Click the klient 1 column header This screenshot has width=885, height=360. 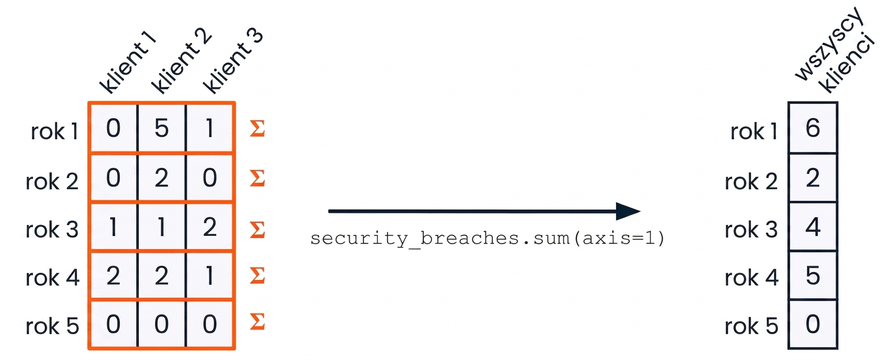click(127, 63)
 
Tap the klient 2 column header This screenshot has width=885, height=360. click(181, 61)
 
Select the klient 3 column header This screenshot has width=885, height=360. click(233, 61)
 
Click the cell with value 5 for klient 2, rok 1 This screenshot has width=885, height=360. click(161, 128)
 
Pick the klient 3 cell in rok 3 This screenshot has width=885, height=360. click(210, 227)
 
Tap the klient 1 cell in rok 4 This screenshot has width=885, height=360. click(114, 275)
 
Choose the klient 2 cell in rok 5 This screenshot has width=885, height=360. click(161, 324)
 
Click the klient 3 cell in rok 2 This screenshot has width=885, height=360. click(210, 178)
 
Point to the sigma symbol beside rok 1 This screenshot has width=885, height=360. click(257, 128)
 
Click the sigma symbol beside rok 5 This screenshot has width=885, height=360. click(257, 322)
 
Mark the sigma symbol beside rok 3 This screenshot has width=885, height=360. click(257, 229)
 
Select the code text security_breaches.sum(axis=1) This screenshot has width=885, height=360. click(488, 238)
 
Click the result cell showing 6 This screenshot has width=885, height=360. click(813, 128)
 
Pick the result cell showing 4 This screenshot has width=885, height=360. click(813, 227)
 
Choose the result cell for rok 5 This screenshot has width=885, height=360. click(813, 324)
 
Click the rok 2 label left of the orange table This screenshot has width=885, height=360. click(52, 182)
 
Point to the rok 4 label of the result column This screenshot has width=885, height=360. click(752, 278)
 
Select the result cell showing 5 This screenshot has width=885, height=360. click(813, 275)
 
